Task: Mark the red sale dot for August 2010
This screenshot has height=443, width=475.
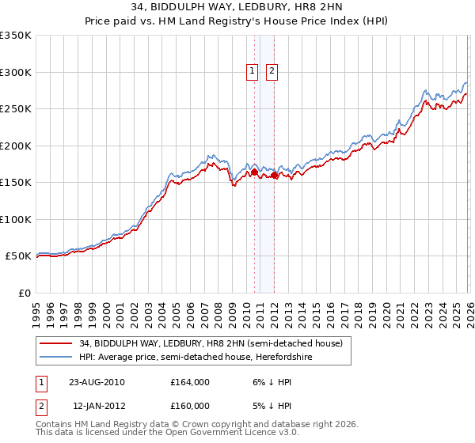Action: pos(254,172)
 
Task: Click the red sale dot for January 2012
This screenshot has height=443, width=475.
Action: pos(274,175)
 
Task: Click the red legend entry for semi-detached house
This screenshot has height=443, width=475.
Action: pos(211,343)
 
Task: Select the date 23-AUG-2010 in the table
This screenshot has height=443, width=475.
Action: pos(97,382)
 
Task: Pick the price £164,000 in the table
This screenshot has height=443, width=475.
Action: pos(190,382)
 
